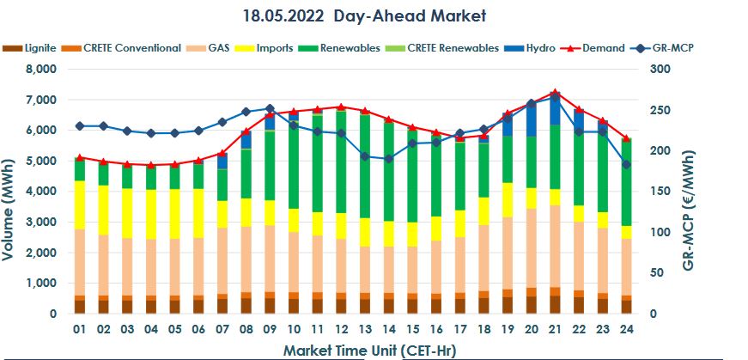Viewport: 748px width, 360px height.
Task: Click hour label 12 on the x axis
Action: (340, 329)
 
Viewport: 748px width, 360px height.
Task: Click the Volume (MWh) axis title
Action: (12, 191)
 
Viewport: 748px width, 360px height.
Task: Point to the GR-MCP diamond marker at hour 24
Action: (626, 164)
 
